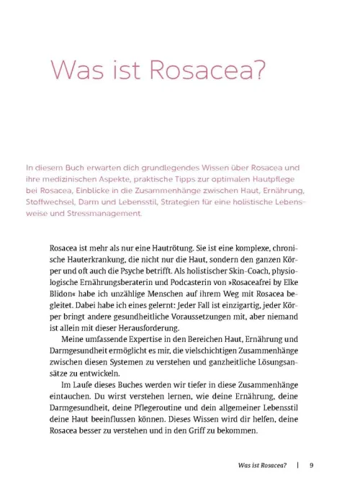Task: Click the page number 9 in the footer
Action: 312,464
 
